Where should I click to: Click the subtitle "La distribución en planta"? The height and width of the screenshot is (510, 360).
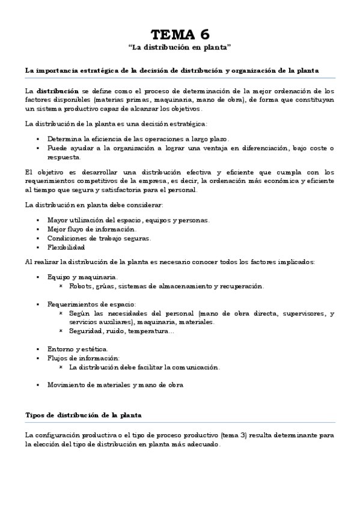[180, 46]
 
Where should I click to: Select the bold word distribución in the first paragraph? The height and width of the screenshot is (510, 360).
[58, 91]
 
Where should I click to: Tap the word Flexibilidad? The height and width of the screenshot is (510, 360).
[66, 247]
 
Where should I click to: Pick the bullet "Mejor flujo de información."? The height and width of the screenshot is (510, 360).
[91, 229]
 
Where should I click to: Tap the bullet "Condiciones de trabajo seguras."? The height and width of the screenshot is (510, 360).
[99, 238]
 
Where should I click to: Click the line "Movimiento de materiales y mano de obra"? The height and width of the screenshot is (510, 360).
[115, 384]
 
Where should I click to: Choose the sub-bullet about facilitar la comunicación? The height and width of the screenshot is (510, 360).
[144, 367]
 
